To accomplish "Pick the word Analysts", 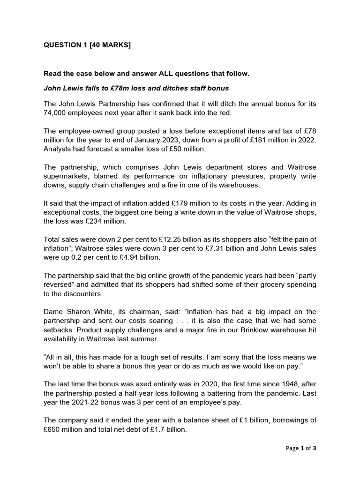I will point(58,148).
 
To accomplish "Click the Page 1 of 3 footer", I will point(301,448).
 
